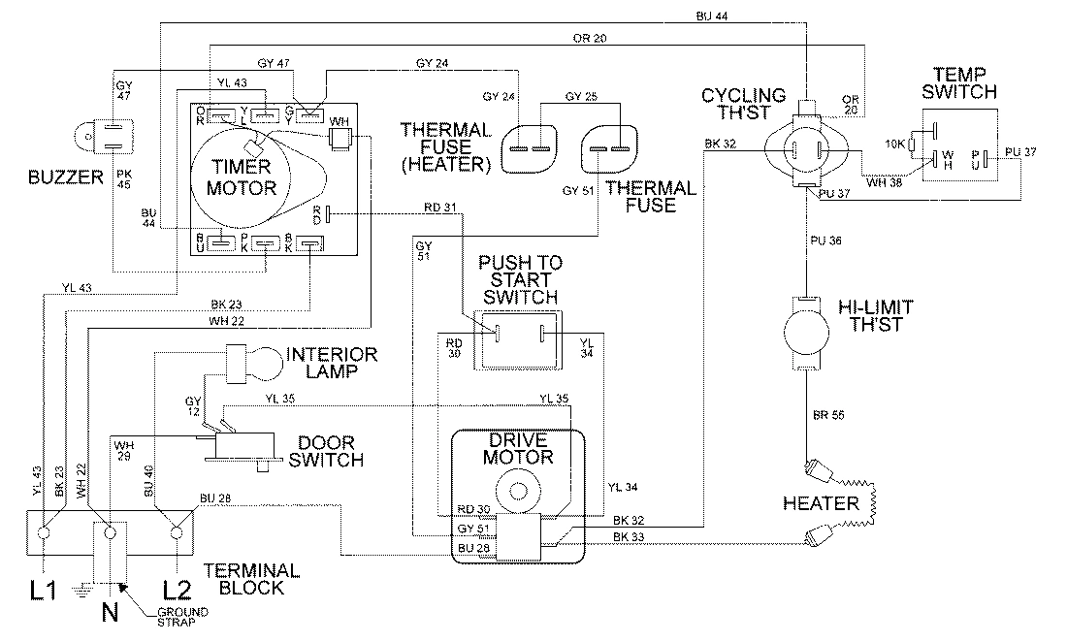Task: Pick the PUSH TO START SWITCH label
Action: coord(522,280)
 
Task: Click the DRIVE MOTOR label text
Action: coord(522,448)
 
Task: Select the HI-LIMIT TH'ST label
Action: coord(873,316)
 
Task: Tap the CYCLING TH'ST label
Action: coord(744,104)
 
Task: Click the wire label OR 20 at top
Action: coord(591,39)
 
